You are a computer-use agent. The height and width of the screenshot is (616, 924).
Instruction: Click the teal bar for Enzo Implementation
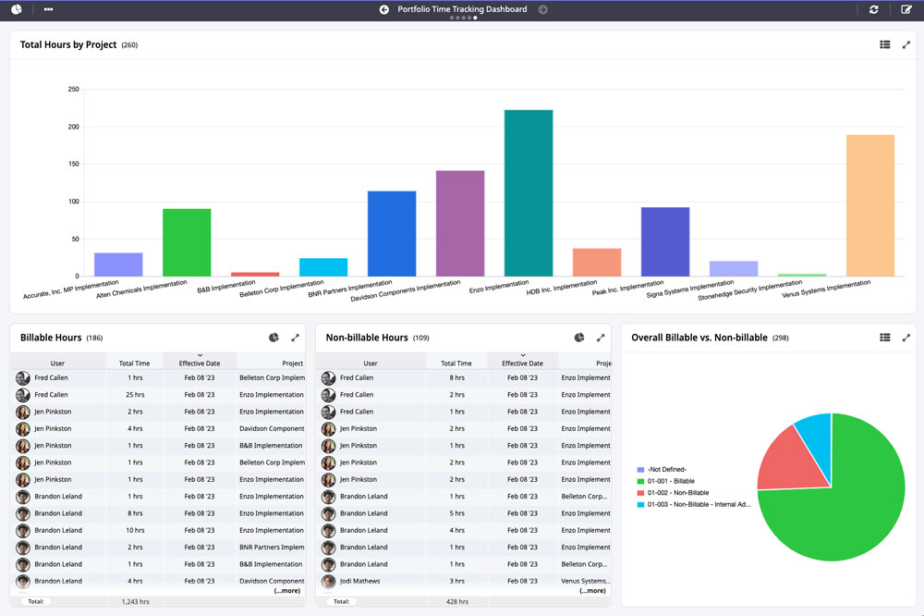(x=529, y=193)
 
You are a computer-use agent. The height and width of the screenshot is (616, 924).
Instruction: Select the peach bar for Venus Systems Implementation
(x=869, y=205)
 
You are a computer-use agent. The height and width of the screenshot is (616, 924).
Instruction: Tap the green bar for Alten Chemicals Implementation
(x=187, y=242)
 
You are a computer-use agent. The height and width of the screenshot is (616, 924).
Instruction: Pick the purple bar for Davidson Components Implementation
(x=460, y=223)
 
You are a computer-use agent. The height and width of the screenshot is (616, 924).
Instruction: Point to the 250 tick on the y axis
(x=73, y=90)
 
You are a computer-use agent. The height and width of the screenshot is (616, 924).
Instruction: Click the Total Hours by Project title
(x=68, y=45)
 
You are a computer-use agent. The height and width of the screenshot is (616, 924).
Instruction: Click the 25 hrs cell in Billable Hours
(x=135, y=395)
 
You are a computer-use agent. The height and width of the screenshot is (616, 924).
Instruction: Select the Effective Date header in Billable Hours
(x=200, y=363)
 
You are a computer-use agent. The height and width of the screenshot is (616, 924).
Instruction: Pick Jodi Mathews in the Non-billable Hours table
(x=359, y=581)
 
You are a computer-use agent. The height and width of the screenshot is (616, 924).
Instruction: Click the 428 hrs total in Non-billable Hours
(x=456, y=601)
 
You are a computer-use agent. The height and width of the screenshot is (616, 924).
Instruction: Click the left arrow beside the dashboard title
(x=384, y=9)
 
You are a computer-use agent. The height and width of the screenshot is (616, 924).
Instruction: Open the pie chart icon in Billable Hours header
(x=274, y=339)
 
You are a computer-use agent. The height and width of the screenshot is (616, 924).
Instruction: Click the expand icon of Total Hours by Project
(x=906, y=44)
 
